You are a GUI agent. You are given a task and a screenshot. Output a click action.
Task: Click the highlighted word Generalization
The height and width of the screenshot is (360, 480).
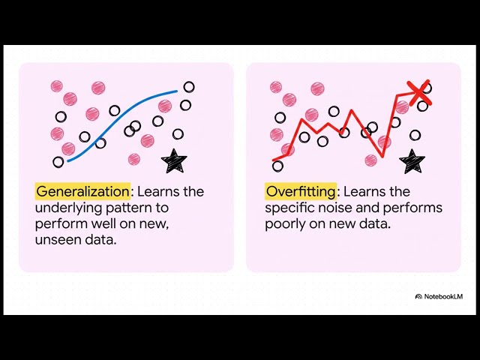[82, 191]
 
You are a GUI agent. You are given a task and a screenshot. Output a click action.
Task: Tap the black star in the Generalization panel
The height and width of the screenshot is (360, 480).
[174, 160]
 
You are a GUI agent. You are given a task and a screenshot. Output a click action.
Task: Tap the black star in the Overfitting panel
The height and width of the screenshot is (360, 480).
[411, 160]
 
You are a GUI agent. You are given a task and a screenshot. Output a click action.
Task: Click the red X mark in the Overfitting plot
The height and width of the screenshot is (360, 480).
[417, 90]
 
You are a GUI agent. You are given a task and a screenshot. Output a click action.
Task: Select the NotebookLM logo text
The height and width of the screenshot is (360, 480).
[443, 296]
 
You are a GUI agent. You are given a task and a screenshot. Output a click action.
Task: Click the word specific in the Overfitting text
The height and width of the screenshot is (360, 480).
[290, 208]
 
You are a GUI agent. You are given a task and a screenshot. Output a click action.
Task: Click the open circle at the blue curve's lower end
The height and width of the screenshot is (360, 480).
[58, 162]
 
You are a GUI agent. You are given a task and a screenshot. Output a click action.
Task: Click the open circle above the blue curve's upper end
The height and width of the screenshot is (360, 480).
[189, 87]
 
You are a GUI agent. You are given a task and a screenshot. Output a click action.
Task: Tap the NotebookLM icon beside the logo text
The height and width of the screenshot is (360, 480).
[418, 296]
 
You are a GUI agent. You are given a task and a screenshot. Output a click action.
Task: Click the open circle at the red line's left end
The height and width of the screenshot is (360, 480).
[277, 166]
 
